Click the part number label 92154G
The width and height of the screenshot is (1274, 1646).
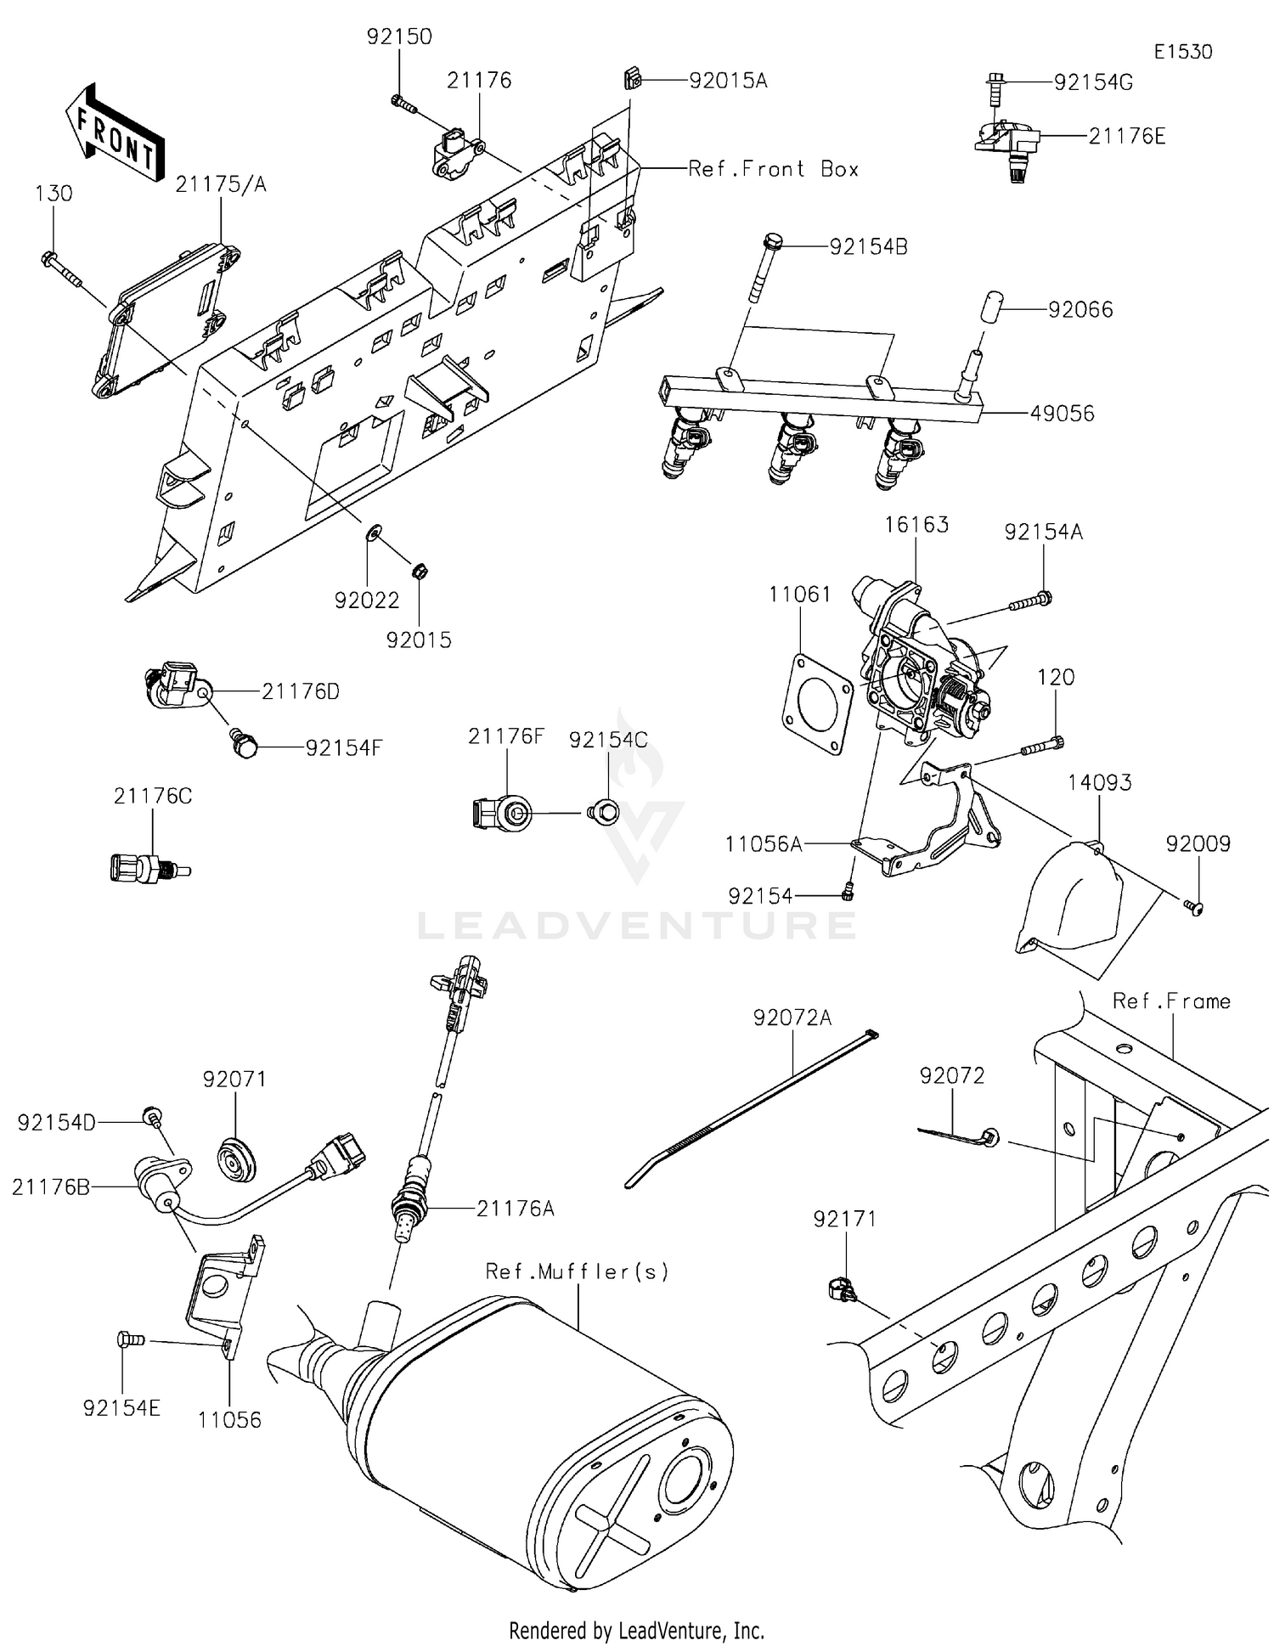[x=1092, y=82]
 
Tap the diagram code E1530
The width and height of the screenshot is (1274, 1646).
[x=1182, y=52]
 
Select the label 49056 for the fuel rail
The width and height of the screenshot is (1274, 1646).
[x=1062, y=414]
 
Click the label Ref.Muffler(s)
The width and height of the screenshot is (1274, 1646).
[x=577, y=1271]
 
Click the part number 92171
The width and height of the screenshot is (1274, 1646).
[x=844, y=1219]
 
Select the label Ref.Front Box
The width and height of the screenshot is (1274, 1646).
[x=773, y=169]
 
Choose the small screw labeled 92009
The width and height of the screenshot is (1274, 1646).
[x=1196, y=909]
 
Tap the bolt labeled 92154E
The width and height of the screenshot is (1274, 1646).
[x=127, y=1339]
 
